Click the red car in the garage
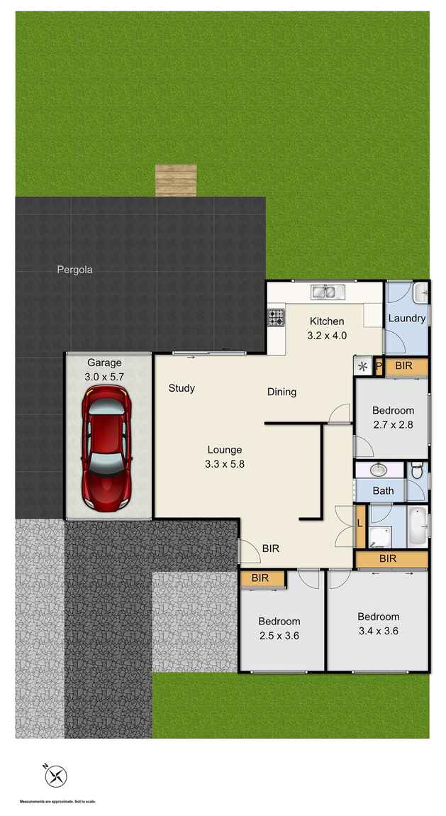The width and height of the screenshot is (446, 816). pyautogui.click(x=106, y=454)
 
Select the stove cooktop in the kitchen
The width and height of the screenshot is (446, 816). pyautogui.click(x=276, y=318)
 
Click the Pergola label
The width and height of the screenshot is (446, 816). pyautogui.click(x=75, y=270)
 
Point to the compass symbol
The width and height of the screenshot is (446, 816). pyautogui.click(x=55, y=777)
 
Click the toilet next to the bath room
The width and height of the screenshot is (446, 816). pyautogui.click(x=417, y=469)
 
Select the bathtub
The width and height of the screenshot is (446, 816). pyautogui.click(x=418, y=526)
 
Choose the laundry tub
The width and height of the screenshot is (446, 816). pyautogui.click(x=421, y=290)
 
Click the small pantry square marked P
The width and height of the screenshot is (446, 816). pyautogui.click(x=379, y=367)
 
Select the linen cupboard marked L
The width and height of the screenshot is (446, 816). pyautogui.click(x=360, y=524)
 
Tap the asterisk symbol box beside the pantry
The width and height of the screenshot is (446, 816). pyautogui.click(x=362, y=367)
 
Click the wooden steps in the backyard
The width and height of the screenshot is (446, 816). pyautogui.click(x=176, y=180)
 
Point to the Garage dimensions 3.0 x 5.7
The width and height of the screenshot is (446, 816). pyautogui.click(x=105, y=377)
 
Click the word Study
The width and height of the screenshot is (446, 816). pyautogui.click(x=182, y=388)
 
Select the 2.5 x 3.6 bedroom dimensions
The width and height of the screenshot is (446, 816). pyautogui.click(x=279, y=636)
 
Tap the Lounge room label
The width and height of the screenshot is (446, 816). pyautogui.click(x=225, y=449)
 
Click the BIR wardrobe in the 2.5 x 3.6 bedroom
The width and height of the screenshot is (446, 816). pyautogui.click(x=260, y=578)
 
